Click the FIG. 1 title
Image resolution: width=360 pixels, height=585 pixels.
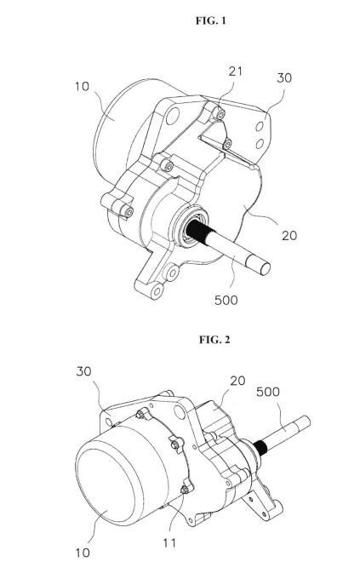211,20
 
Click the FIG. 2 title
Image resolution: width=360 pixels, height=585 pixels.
214,340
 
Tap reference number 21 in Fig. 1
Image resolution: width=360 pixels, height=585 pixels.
236,72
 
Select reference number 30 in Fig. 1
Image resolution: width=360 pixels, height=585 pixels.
284,78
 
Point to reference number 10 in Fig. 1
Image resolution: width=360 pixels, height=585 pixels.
82,87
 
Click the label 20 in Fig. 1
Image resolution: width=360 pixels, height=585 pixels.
289,236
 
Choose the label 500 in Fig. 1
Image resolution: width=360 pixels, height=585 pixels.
226,300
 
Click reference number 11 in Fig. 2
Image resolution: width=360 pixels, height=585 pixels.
169,542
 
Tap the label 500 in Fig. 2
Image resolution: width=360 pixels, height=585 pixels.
268,392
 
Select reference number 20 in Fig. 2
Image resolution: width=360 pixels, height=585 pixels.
237,381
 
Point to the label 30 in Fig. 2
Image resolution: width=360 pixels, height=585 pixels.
83,371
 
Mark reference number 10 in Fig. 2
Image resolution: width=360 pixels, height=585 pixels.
83,553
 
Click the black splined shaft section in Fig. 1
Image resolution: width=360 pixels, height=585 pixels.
197,232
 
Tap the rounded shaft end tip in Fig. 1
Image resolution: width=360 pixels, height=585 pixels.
265,268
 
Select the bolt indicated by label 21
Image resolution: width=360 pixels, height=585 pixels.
220,114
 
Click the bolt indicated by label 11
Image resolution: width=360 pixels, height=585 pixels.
185,490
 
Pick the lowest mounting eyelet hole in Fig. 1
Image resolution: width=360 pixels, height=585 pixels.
157,290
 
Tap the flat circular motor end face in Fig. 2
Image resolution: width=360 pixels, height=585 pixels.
106,482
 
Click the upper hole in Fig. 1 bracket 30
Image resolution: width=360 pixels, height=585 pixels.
260,127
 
